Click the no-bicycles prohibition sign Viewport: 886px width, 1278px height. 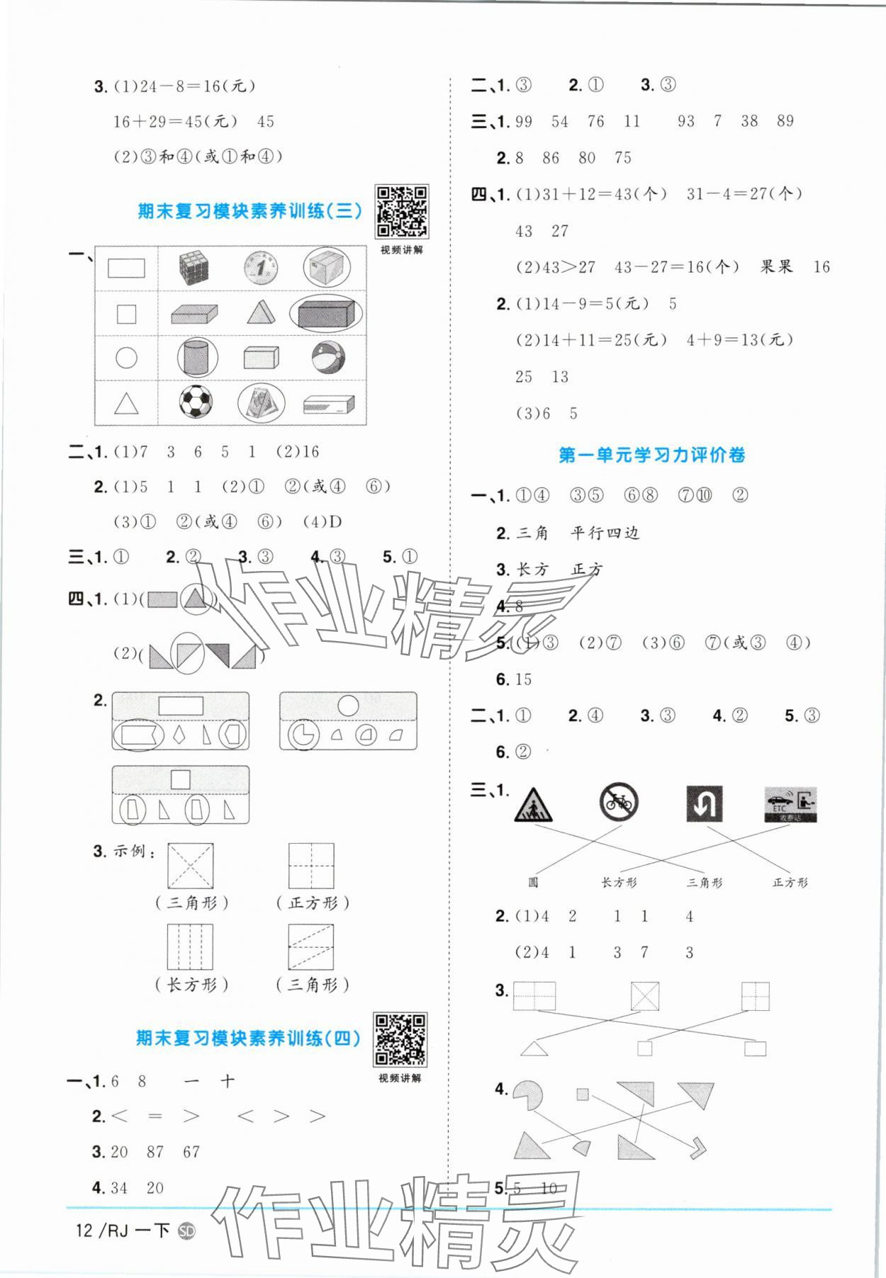pyautogui.click(x=619, y=803)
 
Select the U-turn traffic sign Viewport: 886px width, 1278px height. pyautogui.click(x=704, y=803)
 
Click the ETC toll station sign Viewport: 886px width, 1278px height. pyautogui.click(x=790, y=804)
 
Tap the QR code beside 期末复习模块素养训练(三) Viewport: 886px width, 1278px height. pyautogui.click(x=401, y=211)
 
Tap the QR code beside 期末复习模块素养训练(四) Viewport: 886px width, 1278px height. pyautogui.click(x=400, y=1039)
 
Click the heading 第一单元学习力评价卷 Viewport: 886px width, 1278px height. pyautogui.click(x=651, y=455)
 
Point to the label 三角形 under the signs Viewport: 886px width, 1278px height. pyautogui.click(x=705, y=883)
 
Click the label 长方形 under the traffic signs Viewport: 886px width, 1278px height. pyautogui.click(x=619, y=883)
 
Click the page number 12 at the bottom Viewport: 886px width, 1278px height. pyautogui.click(x=84, y=1230)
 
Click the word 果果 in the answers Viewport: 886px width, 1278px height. pyautogui.click(x=776, y=267)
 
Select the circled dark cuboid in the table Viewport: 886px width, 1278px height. pyautogui.click(x=326, y=313)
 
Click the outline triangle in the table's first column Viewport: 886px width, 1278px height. pyautogui.click(x=126, y=404)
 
